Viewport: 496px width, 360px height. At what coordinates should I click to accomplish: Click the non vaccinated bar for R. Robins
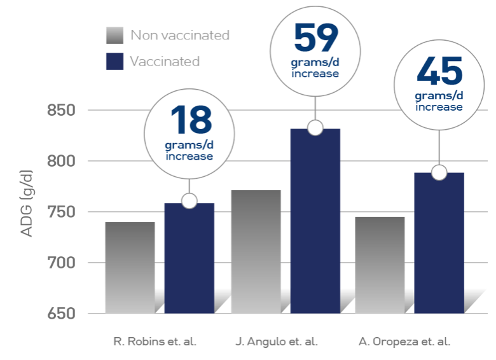click(130, 267)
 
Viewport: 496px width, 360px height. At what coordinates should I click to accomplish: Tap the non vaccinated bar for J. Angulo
click(256, 251)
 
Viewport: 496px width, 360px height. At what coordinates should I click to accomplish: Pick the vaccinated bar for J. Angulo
click(315, 223)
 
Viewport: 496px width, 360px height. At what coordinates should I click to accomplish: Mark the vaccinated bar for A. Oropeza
click(439, 245)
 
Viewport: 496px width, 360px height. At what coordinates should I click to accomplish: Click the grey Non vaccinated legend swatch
click(114, 36)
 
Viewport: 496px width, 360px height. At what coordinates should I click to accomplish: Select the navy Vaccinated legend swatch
click(114, 62)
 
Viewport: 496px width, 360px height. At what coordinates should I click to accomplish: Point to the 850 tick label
click(62, 111)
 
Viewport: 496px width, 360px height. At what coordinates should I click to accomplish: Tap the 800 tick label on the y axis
click(62, 162)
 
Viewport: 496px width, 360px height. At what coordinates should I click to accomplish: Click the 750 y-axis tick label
click(62, 212)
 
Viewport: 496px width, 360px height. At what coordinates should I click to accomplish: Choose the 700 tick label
click(62, 263)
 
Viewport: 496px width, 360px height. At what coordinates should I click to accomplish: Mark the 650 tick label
click(62, 314)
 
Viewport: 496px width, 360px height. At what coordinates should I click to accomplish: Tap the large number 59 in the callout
click(315, 39)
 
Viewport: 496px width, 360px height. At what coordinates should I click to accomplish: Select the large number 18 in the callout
click(189, 121)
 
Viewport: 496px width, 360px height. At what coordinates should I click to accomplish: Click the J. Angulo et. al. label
click(276, 342)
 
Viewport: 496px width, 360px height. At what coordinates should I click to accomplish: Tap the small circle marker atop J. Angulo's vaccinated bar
click(315, 127)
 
